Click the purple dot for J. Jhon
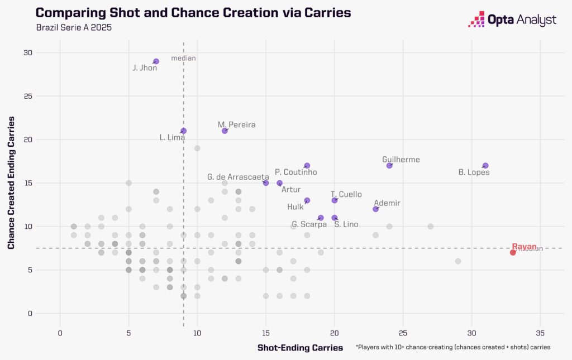(x=156, y=61)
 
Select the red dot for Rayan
(x=513, y=252)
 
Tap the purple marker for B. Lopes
(x=485, y=166)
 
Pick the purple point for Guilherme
(x=389, y=166)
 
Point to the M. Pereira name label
(x=237, y=125)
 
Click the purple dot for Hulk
(x=307, y=200)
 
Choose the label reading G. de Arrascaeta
(x=238, y=177)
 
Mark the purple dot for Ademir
(x=376, y=209)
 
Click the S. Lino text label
(x=346, y=224)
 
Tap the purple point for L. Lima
(x=183, y=131)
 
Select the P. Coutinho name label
(x=296, y=172)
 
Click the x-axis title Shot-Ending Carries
(x=301, y=348)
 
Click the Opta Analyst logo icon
(x=476, y=20)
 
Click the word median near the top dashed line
(x=183, y=58)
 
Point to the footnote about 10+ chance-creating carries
(x=453, y=347)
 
